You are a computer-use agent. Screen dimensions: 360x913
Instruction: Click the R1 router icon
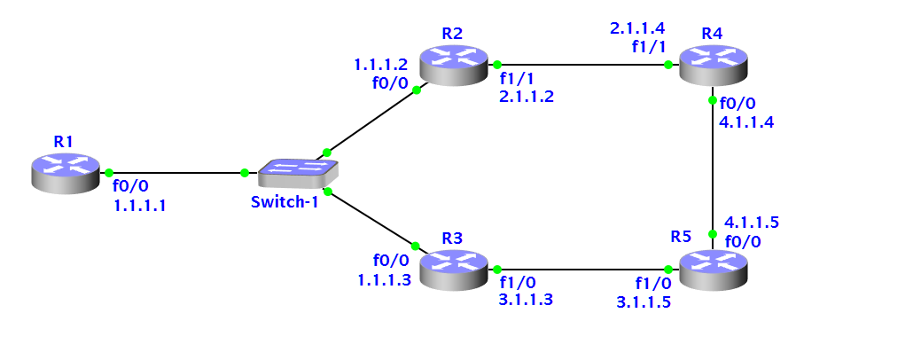66,171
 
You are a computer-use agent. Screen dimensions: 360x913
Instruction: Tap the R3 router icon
454,269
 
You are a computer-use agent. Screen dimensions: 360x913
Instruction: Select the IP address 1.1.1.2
380,65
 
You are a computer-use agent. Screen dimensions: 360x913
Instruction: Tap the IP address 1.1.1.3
384,280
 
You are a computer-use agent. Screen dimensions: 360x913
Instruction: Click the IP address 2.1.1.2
527,96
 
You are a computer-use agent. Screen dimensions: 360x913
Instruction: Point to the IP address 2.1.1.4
636,28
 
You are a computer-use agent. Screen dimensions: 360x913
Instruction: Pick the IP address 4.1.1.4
747,122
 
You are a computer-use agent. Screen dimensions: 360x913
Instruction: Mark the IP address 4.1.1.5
752,222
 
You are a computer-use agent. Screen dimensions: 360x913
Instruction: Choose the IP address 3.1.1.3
527,300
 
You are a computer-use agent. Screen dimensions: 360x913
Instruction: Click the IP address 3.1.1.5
644,301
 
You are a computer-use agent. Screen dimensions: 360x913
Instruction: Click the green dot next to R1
108,172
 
